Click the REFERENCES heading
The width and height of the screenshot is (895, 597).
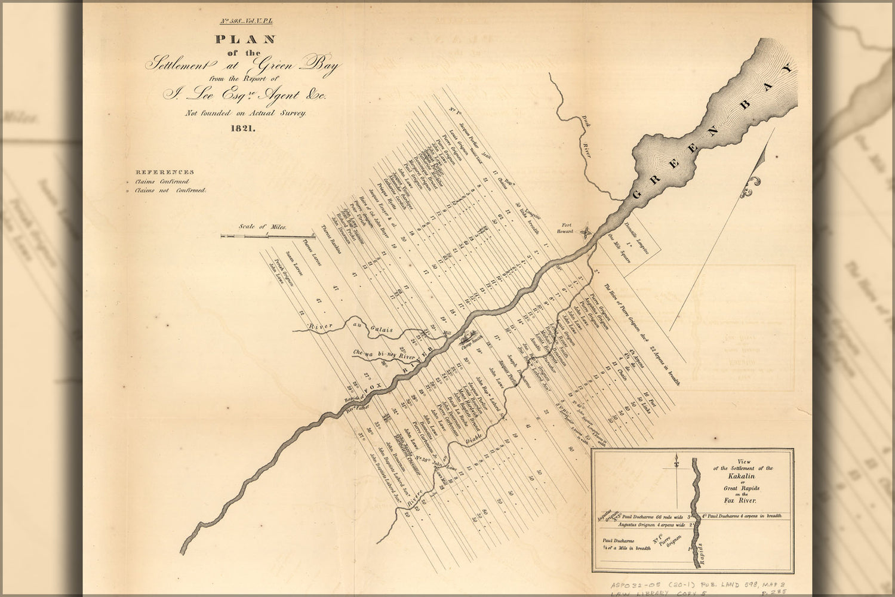click(164, 172)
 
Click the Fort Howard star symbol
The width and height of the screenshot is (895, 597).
click(588, 231)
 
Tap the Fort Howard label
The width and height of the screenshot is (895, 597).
click(567, 229)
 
